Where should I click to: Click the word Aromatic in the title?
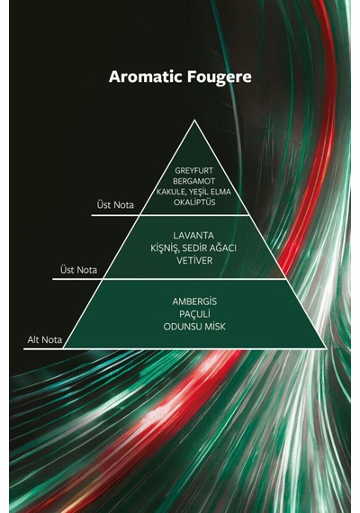click(146, 76)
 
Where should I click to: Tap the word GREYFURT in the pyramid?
click(193, 171)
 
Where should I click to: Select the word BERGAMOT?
click(194, 181)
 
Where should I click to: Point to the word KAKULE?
click(170, 192)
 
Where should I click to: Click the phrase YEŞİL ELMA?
click(209, 192)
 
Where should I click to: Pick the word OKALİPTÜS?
click(194, 202)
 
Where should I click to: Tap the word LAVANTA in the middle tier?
click(193, 236)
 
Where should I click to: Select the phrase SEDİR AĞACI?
click(209, 248)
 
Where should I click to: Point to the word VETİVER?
click(194, 261)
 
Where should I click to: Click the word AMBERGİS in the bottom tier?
click(194, 301)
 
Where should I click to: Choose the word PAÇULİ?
click(194, 314)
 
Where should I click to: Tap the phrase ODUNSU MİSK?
click(194, 327)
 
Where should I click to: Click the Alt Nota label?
click(44, 340)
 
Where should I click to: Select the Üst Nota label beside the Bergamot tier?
click(115, 205)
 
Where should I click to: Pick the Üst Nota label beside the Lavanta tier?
click(78, 270)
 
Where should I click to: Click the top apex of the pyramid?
click(194, 120)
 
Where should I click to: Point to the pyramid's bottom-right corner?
click(327, 348)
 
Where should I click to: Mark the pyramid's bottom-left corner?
click(63, 348)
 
